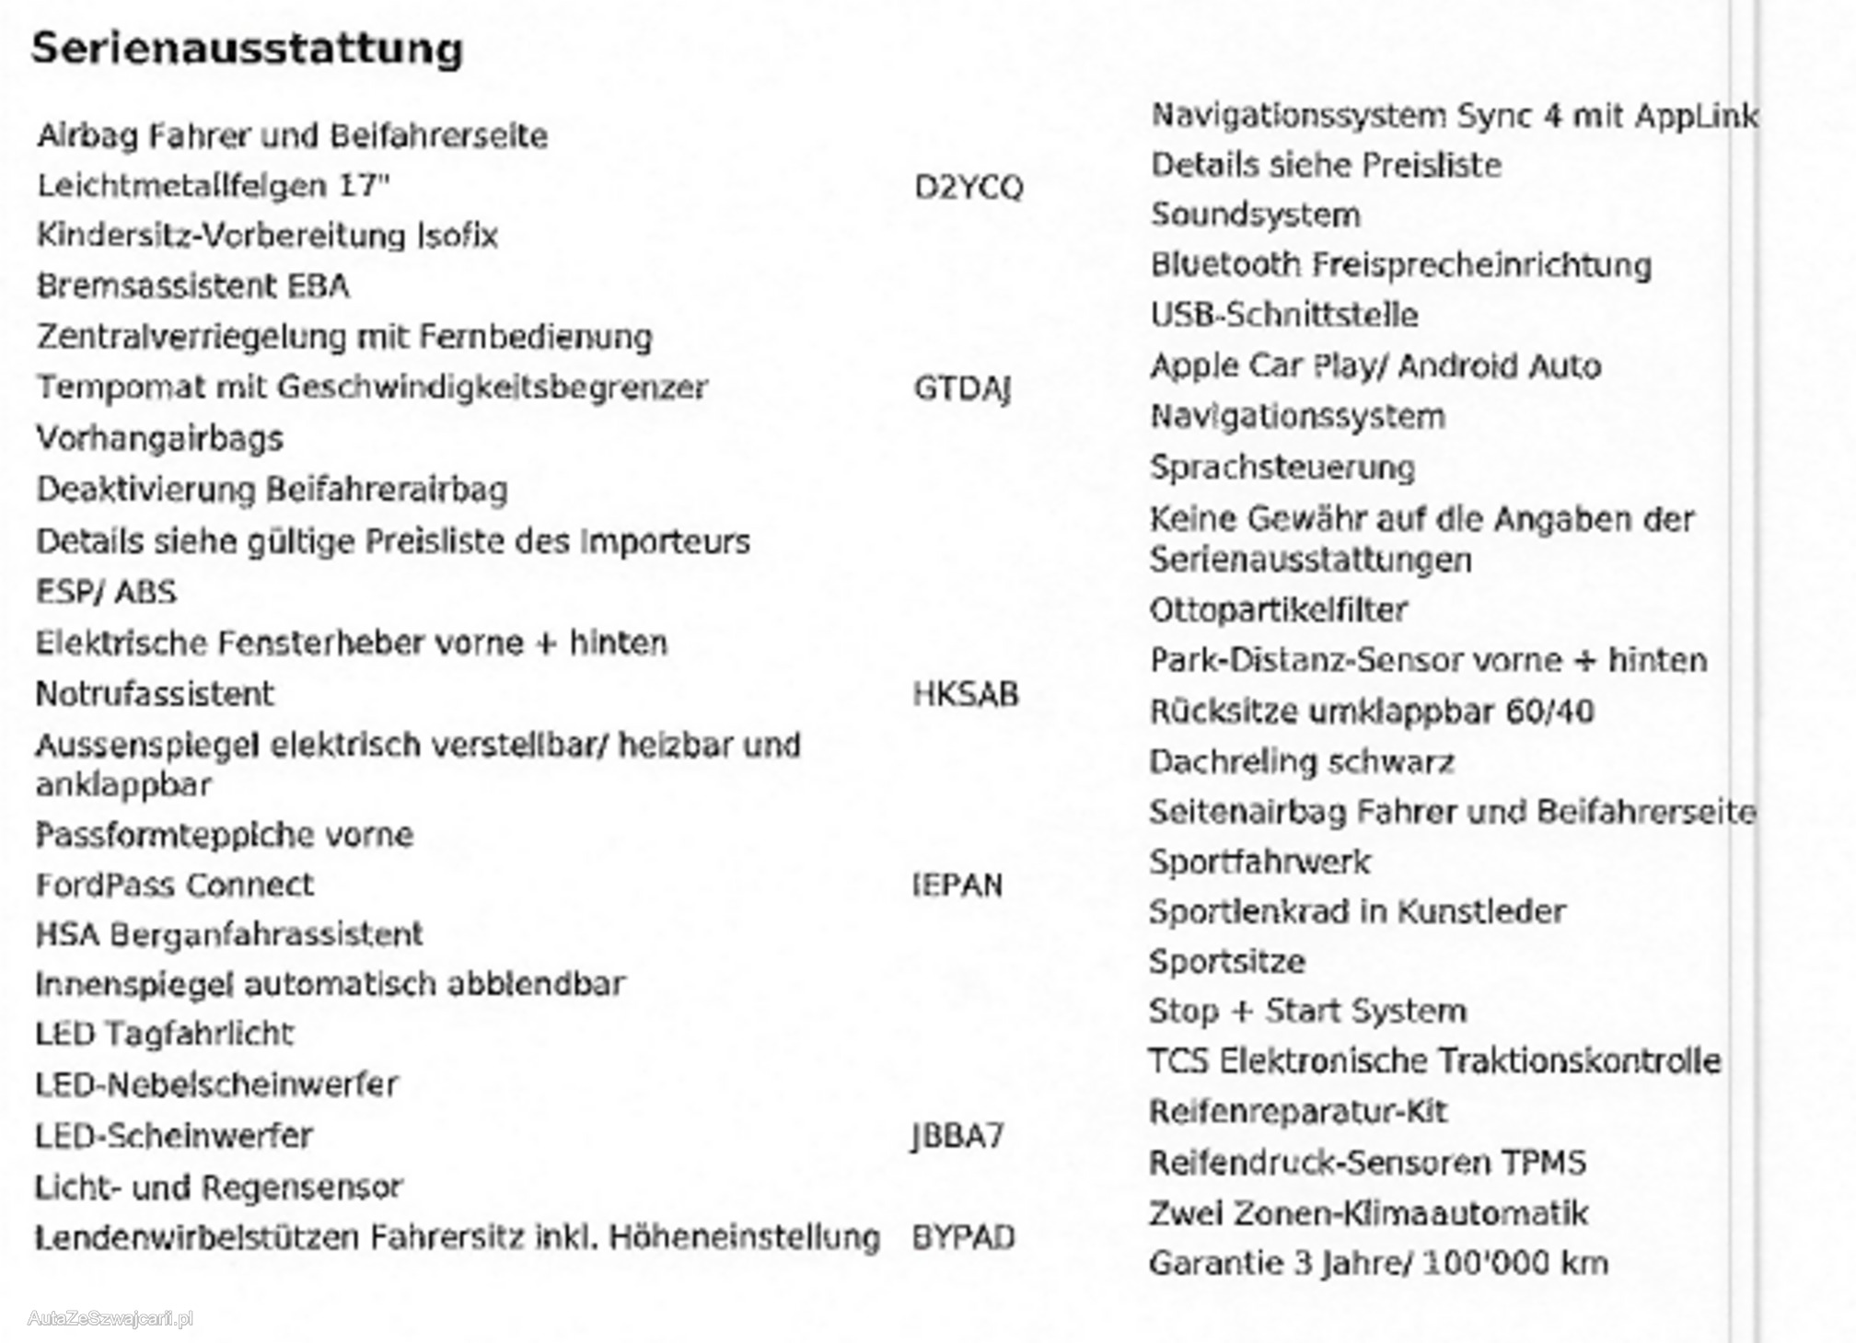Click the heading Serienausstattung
point(247,49)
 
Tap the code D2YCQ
point(968,188)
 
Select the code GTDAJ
point(962,388)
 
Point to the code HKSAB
point(966,694)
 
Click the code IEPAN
point(957,886)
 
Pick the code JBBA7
point(957,1137)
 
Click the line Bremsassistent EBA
point(193,286)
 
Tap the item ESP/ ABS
point(106,592)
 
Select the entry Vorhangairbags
point(159,439)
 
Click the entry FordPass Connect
point(175,886)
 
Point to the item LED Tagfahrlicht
point(164,1035)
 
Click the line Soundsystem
point(1255,215)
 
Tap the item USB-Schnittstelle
point(1283,316)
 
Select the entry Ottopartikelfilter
point(1279,610)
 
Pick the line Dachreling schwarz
point(1302,762)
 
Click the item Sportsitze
point(1227,962)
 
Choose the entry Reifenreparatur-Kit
point(1298,1112)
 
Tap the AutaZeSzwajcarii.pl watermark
point(110,1319)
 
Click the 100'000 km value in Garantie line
point(1515,1264)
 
